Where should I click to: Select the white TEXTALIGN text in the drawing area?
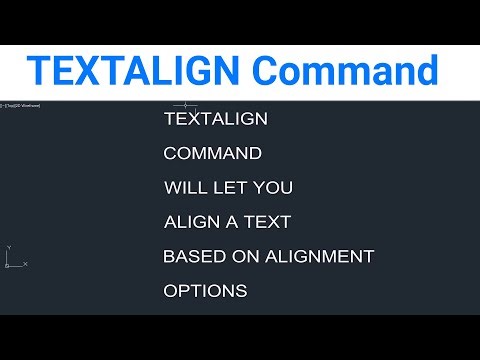click(215, 119)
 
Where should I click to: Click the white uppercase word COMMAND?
click(212, 154)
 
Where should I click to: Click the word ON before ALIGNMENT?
click(245, 257)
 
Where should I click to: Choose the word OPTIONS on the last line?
click(205, 291)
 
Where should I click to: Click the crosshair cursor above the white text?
click(185, 104)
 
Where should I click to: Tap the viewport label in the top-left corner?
click(22, 104)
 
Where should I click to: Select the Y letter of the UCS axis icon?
click(7, 247)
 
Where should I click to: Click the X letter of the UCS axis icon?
click(25, 264)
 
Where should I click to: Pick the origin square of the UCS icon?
click(7, 264)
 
